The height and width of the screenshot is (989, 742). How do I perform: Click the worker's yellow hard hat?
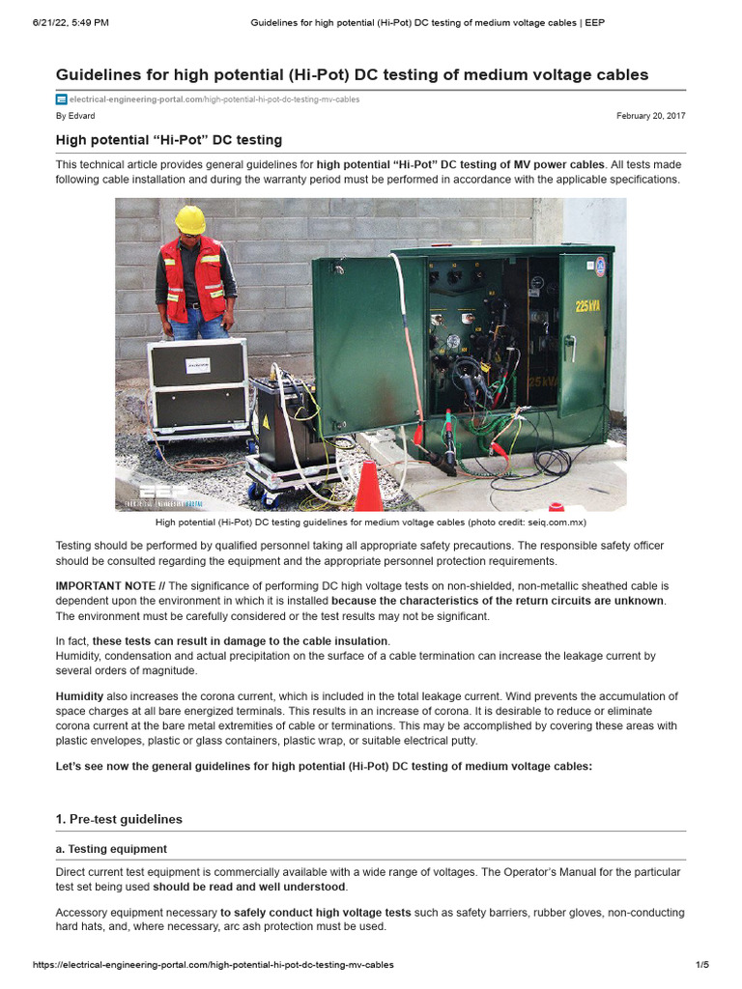pos(190,219)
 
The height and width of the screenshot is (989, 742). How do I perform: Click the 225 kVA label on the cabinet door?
pos(587,306)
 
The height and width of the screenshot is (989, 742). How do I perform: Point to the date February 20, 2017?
pos(650,116)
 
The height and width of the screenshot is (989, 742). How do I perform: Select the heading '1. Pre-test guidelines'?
pos(119,819)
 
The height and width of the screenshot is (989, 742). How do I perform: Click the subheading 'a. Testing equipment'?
pos(111,849)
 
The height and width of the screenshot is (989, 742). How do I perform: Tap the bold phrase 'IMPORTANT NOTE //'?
pos(110,586)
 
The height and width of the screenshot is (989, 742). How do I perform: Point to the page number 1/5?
pos(702,965)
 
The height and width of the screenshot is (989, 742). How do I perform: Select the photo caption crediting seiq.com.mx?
pos(370,523)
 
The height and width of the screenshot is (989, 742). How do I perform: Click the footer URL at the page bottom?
pos(213,965)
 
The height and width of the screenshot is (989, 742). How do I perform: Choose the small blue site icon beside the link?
pos(61,99)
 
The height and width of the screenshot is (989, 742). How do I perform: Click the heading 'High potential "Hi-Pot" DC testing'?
pos(168,140)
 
